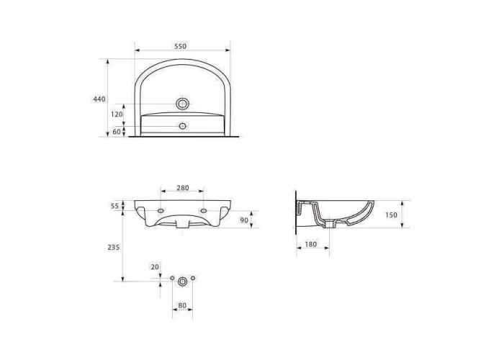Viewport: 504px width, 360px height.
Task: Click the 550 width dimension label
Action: [180, 46]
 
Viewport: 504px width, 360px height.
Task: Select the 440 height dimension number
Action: [99, 99]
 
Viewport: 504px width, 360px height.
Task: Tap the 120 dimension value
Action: [117, 114]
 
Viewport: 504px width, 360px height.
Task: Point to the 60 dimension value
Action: [117, 132]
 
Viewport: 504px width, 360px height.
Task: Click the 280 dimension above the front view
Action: [183, 188]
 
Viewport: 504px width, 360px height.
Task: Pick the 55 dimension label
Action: [114, 206]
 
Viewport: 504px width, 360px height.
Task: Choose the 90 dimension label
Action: [244, 220]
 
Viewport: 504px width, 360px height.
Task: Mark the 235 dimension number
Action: [114, 247]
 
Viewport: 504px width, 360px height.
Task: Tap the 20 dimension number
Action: [155, 267]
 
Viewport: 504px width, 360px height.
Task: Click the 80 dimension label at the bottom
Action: [182, 305]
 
